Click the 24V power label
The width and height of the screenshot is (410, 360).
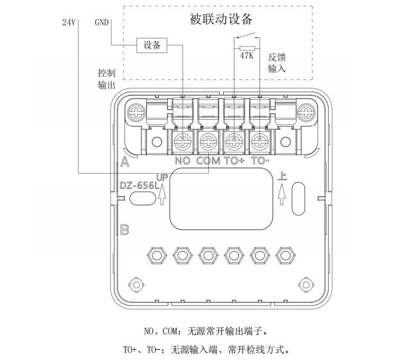69,22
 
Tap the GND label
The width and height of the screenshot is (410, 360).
101,22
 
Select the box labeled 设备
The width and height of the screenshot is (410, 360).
152,45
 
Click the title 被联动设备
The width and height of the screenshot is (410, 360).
221,19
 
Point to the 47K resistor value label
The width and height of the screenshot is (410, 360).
247,56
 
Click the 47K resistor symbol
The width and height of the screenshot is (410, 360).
247,49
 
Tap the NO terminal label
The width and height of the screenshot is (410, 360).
183,161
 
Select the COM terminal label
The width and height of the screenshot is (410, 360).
208,161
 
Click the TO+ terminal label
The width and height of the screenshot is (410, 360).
234,161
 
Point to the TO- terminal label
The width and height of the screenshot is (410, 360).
260,161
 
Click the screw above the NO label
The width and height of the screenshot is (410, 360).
183,142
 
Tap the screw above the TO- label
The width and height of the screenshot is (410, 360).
259,142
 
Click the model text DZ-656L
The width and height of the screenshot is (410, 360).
139,186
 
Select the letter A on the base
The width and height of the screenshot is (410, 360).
125,162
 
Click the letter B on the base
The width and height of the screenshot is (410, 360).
124,230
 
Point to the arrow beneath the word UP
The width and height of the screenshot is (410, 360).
162,193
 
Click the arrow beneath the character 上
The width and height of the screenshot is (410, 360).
282,193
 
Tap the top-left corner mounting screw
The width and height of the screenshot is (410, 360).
136,113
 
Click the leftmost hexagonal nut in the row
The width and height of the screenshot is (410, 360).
157,255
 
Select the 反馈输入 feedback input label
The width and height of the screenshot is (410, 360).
277,63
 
